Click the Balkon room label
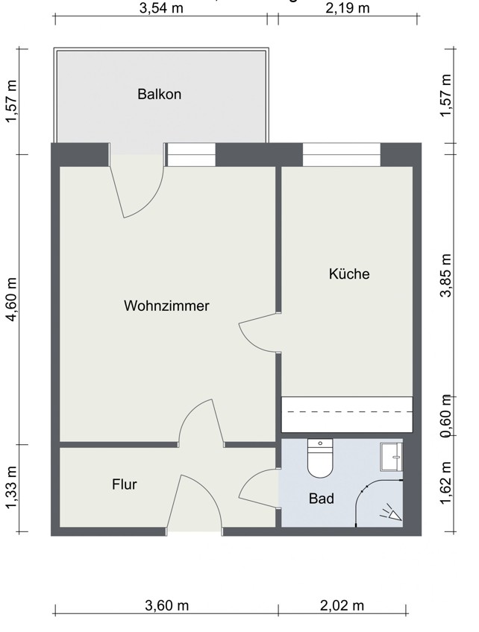pyautogui.click(x=159, y=95)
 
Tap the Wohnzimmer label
pyautogui.click(x=166, y=306)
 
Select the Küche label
pyautogui.click(x=349, y=274)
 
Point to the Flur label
pyautogui.click(x=125, y=484)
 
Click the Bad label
pyautogui.click(x=322, y=499)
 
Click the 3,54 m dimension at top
pyautogui.click(x=162, y=8)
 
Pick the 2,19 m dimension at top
pyautogui.click(x=348, y=8)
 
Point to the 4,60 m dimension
pyautogui.click(x=10, y=300)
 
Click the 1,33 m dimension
pyautogui.click(x=10, y=488)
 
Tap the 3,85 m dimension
pyautogui.click(x=447, y=276)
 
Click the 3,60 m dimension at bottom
pyautogui.click(x=166, y=605)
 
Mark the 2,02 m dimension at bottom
pyautogui.click(x=342, y=605)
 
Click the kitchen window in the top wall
pyautogui.click(x=342, y=154)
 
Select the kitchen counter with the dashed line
pyautogui.click(x=347, y=414)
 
